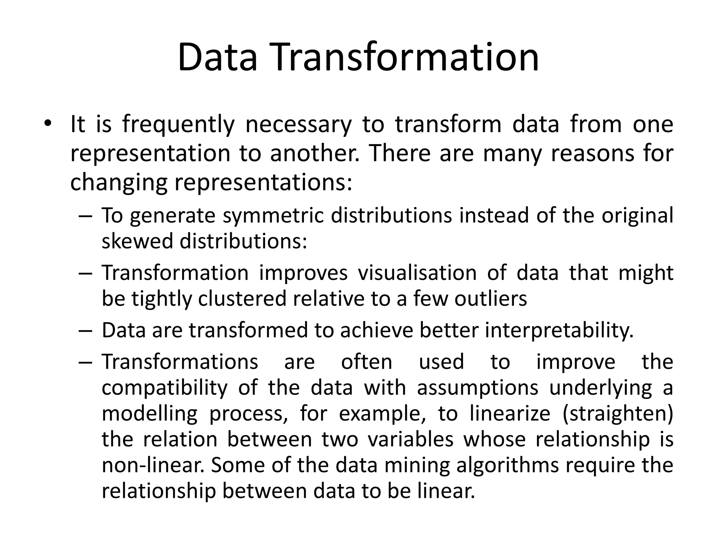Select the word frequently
click(x=178, y=125)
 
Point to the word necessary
click(x=298, y=125)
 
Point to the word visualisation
click(x=417, y=273)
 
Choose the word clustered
click(x=242, y=299)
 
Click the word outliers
click(x=490, y=299)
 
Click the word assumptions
click(x=478, y=388)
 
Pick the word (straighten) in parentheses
click(x=618, y=414)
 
